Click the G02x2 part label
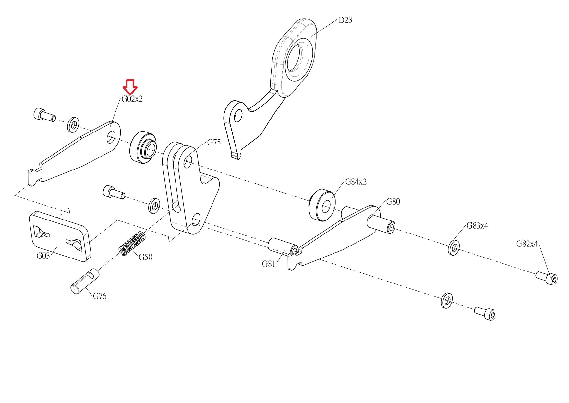[132, 99]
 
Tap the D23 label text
[345, 20]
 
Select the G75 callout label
[214, 143]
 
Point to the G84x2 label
[356, 182]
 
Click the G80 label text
[393, 202]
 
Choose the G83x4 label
[477, 226]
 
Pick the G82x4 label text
[527, 244]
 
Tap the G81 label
[269, 264]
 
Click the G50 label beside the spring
[146, 257]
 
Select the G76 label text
[100, 296]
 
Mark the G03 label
[43, 256]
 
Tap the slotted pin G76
[85, 281]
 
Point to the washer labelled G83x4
[454, 248]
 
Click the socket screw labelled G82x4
[547, 278]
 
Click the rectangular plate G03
[60, 236]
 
